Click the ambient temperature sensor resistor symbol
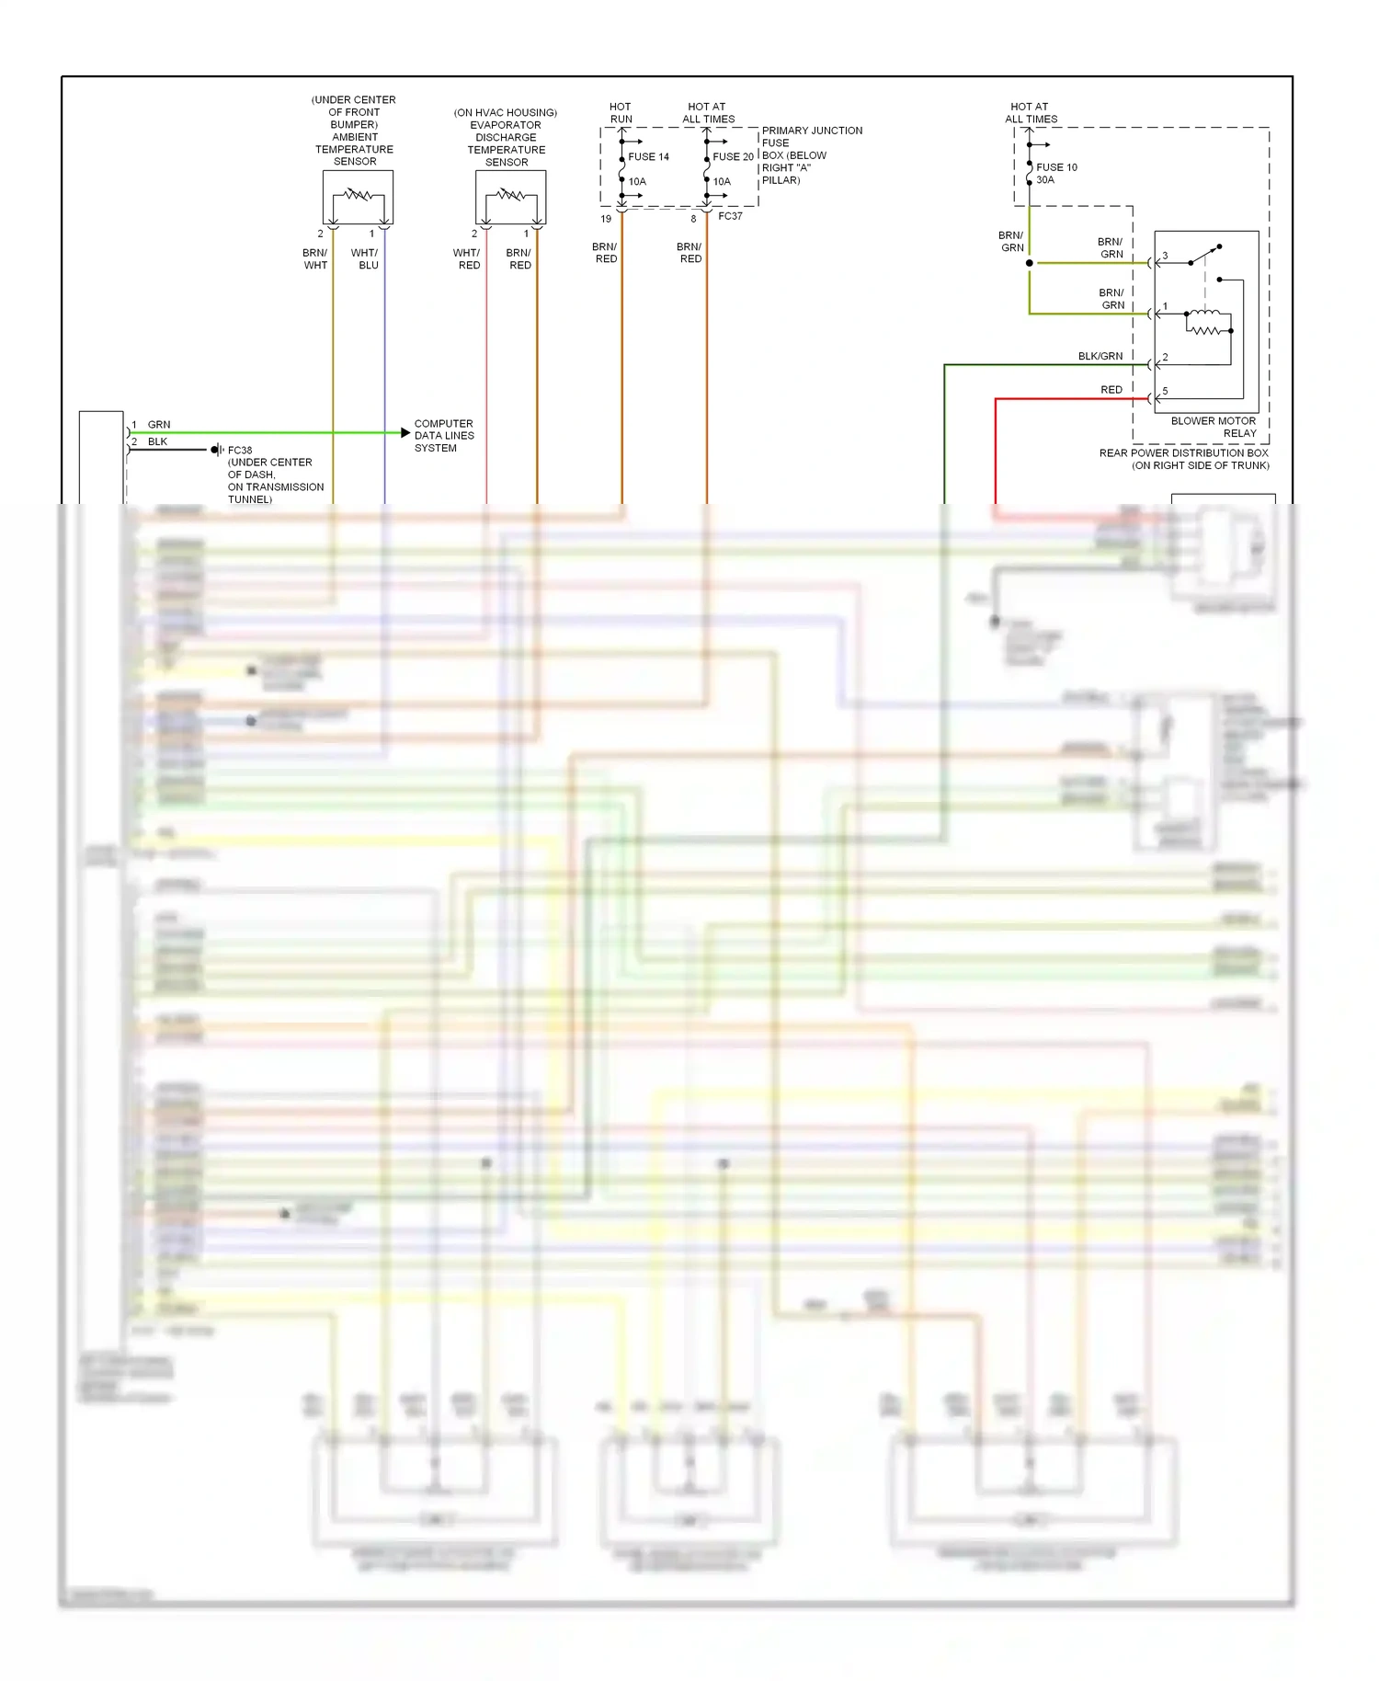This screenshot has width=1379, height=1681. [358, 195]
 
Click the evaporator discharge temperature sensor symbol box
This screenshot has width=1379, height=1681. [510, 197]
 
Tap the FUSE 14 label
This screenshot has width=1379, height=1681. [648, 157]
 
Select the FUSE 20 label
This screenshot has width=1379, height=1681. [733, 157]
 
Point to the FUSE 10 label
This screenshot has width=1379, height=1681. [1056, 167]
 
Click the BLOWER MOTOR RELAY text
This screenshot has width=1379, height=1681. [1214, 427]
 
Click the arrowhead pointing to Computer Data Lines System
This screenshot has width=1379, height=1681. [405, 432]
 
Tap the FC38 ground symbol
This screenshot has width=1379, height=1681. [216, 450]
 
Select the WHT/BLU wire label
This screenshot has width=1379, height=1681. [365, 258]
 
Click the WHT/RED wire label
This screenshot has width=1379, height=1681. [467, 258]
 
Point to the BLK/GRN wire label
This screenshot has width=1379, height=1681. [1100, 356]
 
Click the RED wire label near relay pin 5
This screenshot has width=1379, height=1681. [1111, 390]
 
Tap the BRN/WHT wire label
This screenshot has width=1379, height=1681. [314, 258]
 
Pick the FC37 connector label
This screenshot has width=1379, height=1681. [730, 216]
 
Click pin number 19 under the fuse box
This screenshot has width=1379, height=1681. [606, 219]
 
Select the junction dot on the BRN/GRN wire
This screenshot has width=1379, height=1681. [1030, 263]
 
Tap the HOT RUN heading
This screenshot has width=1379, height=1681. [621, 113]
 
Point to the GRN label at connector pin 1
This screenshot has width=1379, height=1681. [159, 425]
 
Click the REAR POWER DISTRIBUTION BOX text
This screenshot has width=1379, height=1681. [1183, 453]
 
